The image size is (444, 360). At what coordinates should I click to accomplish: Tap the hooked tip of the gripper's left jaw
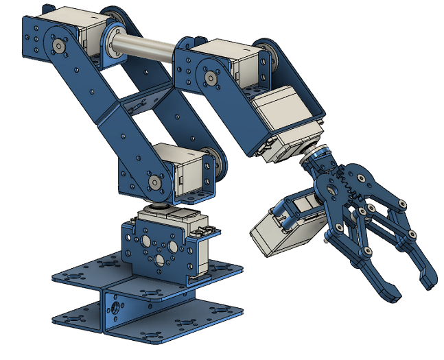click(x=387, y=291)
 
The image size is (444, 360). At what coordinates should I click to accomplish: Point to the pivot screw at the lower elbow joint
click(x=156, y=182)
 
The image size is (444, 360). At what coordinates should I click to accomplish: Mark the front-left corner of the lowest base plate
click(x=55, y=320)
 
